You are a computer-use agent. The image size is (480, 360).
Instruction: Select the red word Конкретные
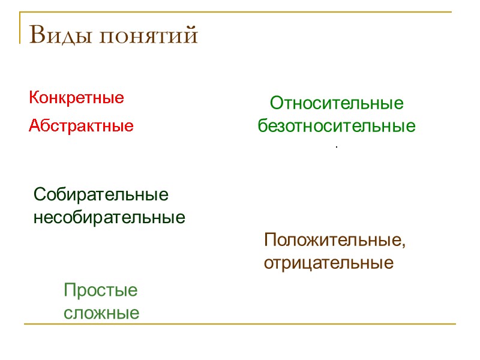(77, 98)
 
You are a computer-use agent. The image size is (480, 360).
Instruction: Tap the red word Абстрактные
(82, 127)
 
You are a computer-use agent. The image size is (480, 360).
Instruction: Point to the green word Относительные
(337, 104)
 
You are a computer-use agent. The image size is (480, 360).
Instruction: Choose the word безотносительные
(337, 127)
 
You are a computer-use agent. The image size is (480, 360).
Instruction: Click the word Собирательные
(101, 194)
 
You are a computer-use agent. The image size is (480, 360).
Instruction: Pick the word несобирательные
(109, 217)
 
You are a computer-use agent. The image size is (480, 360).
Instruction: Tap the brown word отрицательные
(329, 263)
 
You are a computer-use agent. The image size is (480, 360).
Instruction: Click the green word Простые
(101, 291)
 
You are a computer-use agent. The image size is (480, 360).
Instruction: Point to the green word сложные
(101, 313)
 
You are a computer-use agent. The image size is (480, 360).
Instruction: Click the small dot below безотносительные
(337, 147)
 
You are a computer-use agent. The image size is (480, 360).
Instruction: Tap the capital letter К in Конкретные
(34, 98)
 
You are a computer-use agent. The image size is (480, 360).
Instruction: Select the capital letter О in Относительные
(276, 104)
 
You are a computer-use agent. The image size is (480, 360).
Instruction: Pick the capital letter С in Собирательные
(40, 194)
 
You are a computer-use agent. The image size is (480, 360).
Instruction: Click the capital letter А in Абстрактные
(35, 127)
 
